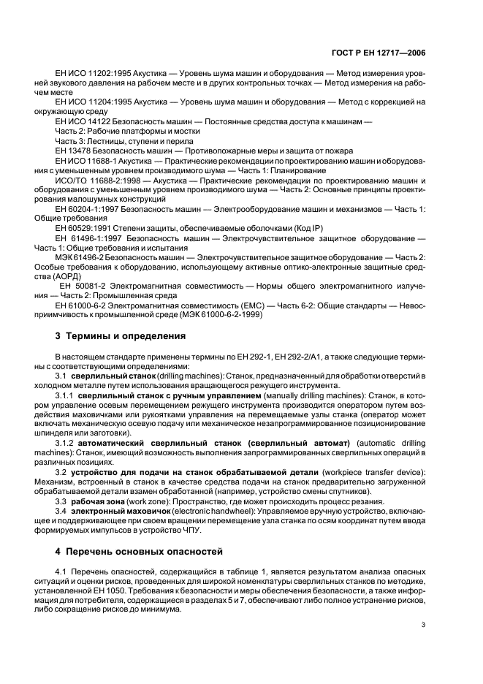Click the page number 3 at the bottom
click(424, 624)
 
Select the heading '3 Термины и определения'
click(121, 337)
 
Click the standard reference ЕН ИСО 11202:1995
click(92, 75)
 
